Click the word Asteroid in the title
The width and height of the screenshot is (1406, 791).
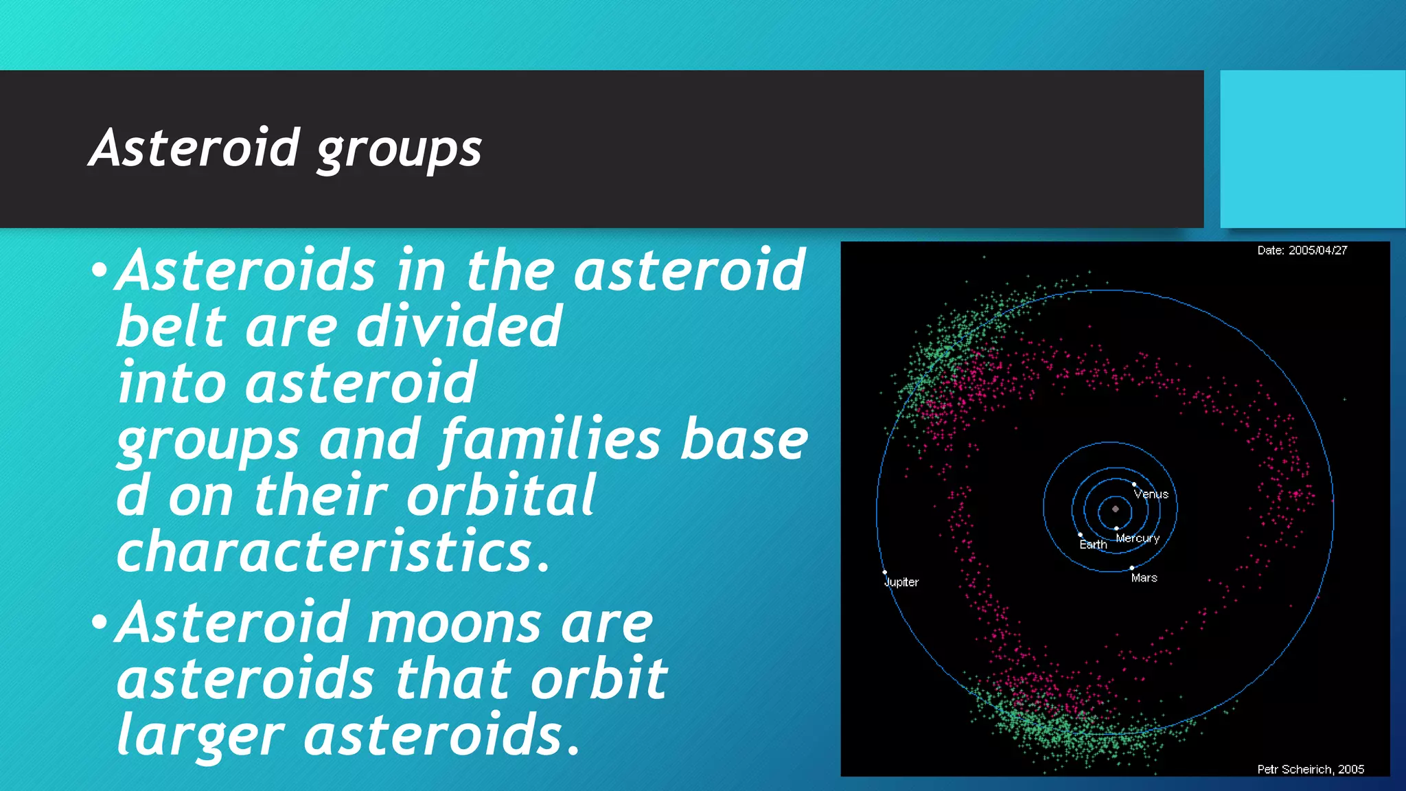coord(194,148)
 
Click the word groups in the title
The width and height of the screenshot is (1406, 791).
coord(399,150)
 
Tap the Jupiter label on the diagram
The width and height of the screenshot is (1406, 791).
coord(901,582)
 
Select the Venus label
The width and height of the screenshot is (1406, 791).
coord(1151,494)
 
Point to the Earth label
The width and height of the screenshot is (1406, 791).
coord(1093,544)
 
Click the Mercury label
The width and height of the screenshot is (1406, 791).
coord(1138,538)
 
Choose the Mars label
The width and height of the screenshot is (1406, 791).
coord(1144,578)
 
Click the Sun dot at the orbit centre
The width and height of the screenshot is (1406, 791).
coord(1116,509)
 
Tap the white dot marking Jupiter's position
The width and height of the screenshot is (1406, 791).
coord(884,572)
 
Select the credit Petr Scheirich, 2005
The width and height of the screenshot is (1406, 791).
coord(1311,769)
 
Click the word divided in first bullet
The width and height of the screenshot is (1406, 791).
coord(459,327)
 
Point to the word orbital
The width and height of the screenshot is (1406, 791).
coord(500,496)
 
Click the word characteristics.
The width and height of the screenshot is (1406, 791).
coord(333,552)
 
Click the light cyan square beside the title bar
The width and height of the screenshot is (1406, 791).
coord(1312,148)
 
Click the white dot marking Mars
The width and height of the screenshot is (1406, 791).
coord(1131,568)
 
